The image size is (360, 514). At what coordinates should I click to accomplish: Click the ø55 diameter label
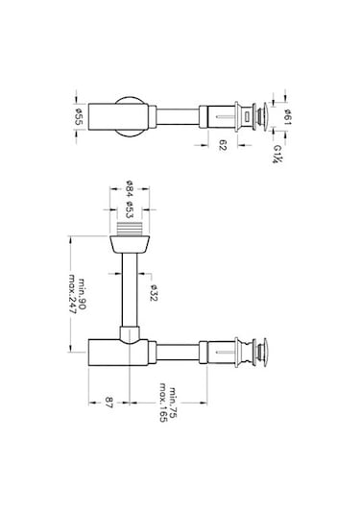pyautogui.click(x=79, y=116)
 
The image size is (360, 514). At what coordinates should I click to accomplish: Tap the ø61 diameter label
pyautogui.click(x=287, y=116)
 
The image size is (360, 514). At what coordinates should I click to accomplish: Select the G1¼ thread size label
pyautogui.click(x=277, y=154)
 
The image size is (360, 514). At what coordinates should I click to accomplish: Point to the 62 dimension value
pyautogui.click(x=223, y=145)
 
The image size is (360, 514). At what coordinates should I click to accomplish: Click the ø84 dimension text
pyautogui.click(x=130, y=189)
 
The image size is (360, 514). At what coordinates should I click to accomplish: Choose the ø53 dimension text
pyautogui.click(x=130, y=209)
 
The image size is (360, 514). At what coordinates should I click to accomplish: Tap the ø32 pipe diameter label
pyautogui.click(x=154, y=293)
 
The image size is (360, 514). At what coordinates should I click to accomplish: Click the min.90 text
pyautogui.click(x=82, y=294)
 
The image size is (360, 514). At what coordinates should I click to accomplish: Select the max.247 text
pyautogui.click(x=72, y=294)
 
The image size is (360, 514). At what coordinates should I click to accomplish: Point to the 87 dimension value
pyautogui.click(x=109, y=403)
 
